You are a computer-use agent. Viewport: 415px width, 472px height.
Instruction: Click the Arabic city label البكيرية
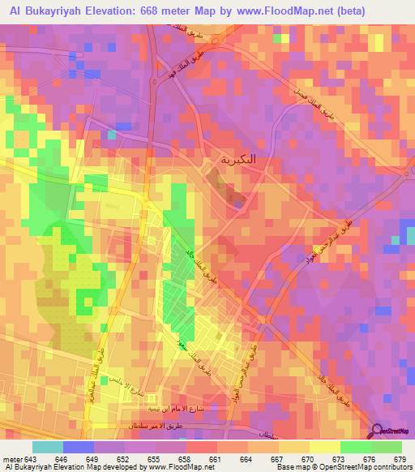[233, 158]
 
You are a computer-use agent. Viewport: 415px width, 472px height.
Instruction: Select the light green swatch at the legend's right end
[386, 447]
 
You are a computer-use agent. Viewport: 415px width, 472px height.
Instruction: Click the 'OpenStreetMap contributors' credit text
[374, 468]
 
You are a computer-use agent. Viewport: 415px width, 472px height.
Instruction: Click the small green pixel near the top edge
[281, 37]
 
